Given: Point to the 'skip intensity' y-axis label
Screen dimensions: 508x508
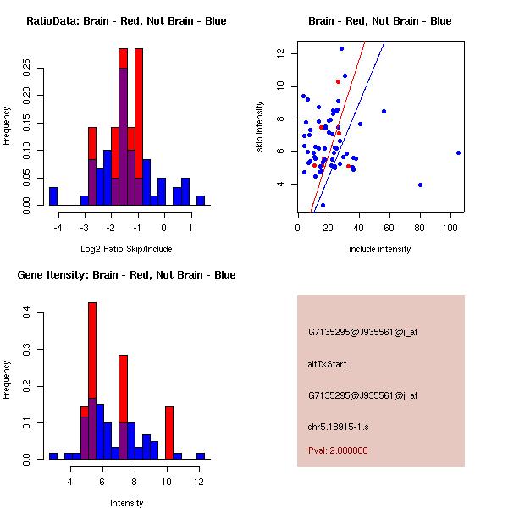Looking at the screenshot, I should [x=260, y=127].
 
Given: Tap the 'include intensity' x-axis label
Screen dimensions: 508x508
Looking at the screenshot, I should [x=380, y=249].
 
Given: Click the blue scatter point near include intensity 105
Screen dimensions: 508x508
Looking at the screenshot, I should [x=458, y=152].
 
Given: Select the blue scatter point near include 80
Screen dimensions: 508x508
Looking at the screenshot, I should [x=420, y=185].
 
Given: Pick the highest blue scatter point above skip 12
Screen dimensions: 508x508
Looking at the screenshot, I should [x=341, y=48].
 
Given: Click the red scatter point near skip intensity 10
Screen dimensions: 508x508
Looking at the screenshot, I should [x=338, y=81].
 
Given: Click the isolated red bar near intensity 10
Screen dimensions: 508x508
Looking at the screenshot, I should [x=169, y=432].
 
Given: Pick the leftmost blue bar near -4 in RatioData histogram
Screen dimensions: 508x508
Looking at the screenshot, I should [x=53, y=196].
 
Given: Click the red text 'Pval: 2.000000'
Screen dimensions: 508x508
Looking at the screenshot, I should [x=338, y=450].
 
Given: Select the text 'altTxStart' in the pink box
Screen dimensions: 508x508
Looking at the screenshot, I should [x=328, y=364].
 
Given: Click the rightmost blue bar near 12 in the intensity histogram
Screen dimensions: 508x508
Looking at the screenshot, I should [x=201, y=456].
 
